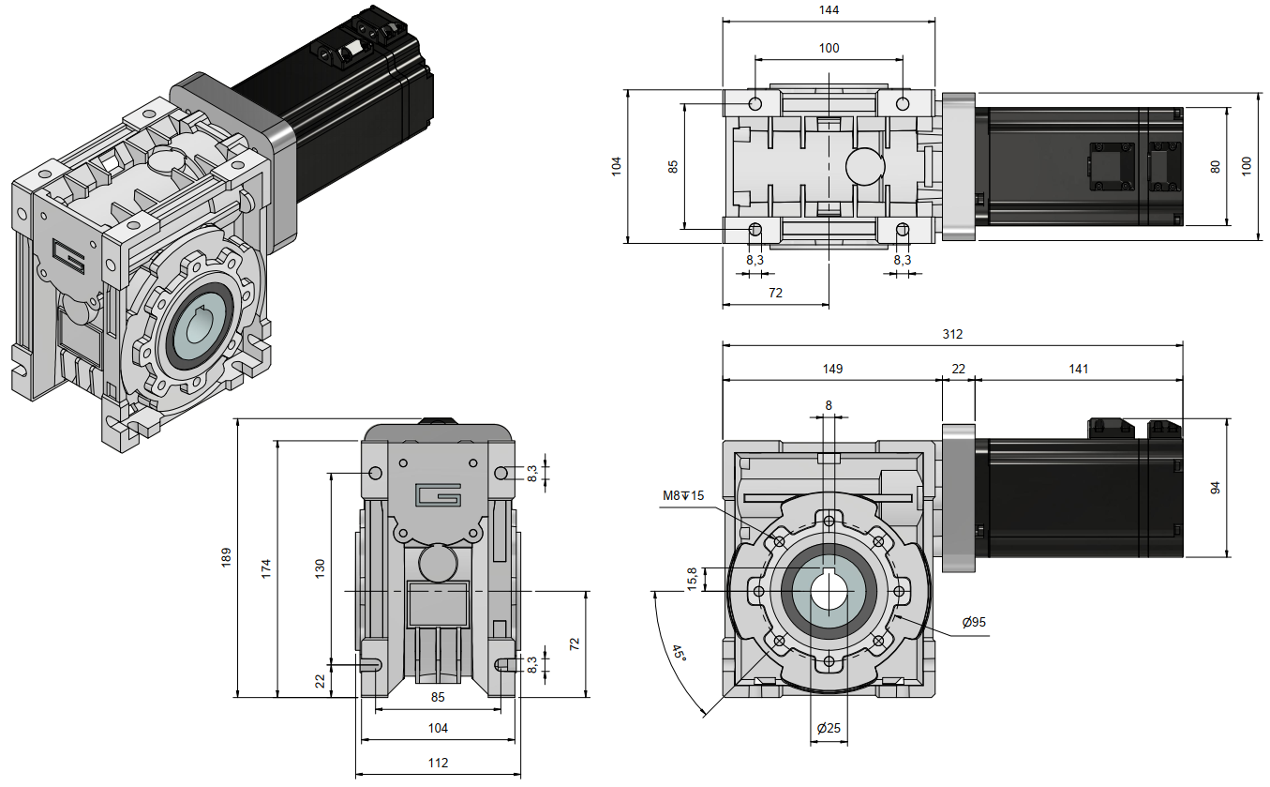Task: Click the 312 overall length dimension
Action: pos(952,334)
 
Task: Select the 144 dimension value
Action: pos(829,10)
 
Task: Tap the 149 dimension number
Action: pos(831,369)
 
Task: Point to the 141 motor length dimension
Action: pos(1078,369)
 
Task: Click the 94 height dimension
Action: pos(1215,488)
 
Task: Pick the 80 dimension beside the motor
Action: pos(1215,167)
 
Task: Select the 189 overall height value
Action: pos(225,558)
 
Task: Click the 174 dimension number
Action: pos(266,567)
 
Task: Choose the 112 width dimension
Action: pos(438,763)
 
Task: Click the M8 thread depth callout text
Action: pos(684,495)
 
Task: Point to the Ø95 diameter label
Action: pos(974,622)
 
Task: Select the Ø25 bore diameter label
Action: pos(828,728)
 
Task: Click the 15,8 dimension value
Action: pos(693,580)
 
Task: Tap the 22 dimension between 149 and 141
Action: pos(958,369)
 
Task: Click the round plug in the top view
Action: pos(864,166)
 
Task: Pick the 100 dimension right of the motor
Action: pos(1246,165)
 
